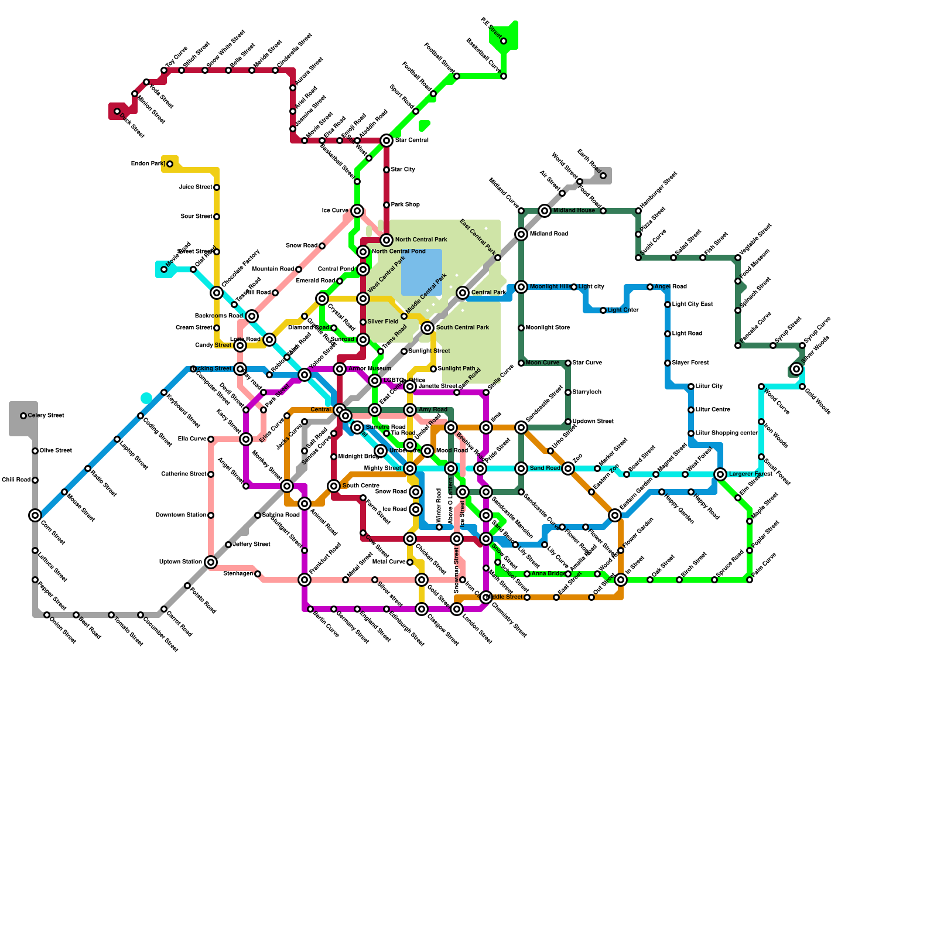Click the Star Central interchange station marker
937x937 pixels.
387,141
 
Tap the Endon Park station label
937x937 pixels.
148,164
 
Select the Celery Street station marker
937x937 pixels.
23,416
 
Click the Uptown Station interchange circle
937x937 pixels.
211,562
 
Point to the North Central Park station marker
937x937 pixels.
387,240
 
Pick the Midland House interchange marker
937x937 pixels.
545,211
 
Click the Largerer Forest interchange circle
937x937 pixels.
720,474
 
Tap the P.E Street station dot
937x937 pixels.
504,41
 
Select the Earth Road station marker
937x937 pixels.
603,176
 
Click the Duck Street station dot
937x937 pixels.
117,111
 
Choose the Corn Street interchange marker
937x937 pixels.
35,515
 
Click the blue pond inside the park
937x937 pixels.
422,272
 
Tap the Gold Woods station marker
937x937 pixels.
802,387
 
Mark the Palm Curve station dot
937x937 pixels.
750,580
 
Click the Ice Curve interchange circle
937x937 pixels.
357,211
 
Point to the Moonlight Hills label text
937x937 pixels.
550,287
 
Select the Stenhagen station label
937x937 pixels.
238,574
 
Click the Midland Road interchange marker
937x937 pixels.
521,234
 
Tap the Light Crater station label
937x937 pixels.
623,310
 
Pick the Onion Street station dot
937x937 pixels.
47,615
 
